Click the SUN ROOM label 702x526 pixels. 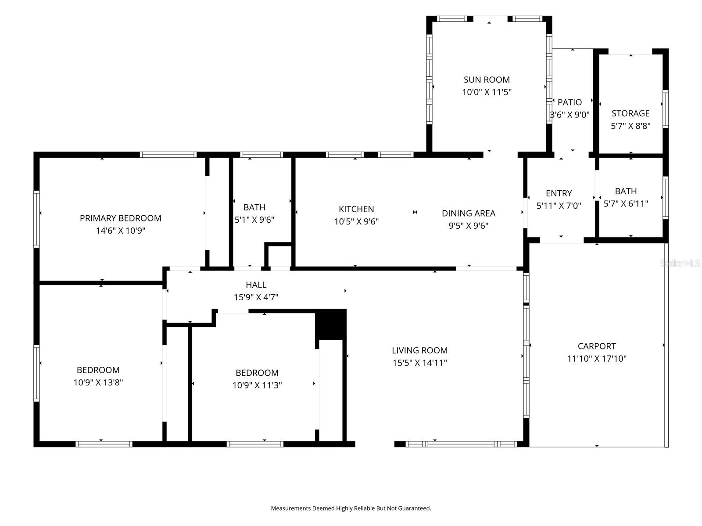click(487, 80)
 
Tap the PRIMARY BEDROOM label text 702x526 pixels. click(121, 218)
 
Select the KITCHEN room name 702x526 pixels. click(356, 209)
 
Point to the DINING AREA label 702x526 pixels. click(469, 213)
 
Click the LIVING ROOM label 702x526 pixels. click(419, 351)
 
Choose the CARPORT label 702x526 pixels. click(597, 346)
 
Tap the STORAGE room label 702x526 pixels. click(630, 114)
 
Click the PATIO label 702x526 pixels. click(569, 103)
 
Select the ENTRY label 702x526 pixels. click(559, 194)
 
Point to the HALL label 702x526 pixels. click(256, 285)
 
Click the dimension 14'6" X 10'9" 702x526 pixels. click(121, 231)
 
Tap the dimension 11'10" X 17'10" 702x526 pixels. click(597, 359)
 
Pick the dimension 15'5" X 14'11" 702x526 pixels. click(419, 363)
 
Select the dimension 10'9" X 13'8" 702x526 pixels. click(98, 382)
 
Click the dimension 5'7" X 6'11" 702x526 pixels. click(626, 203)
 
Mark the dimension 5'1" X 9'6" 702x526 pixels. click(254, 220)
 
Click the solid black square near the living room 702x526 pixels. click(331, 324)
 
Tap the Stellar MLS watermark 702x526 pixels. click(680, 263)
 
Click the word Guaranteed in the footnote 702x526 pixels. click(415, 508)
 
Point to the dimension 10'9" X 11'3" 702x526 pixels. click(257, 385)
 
